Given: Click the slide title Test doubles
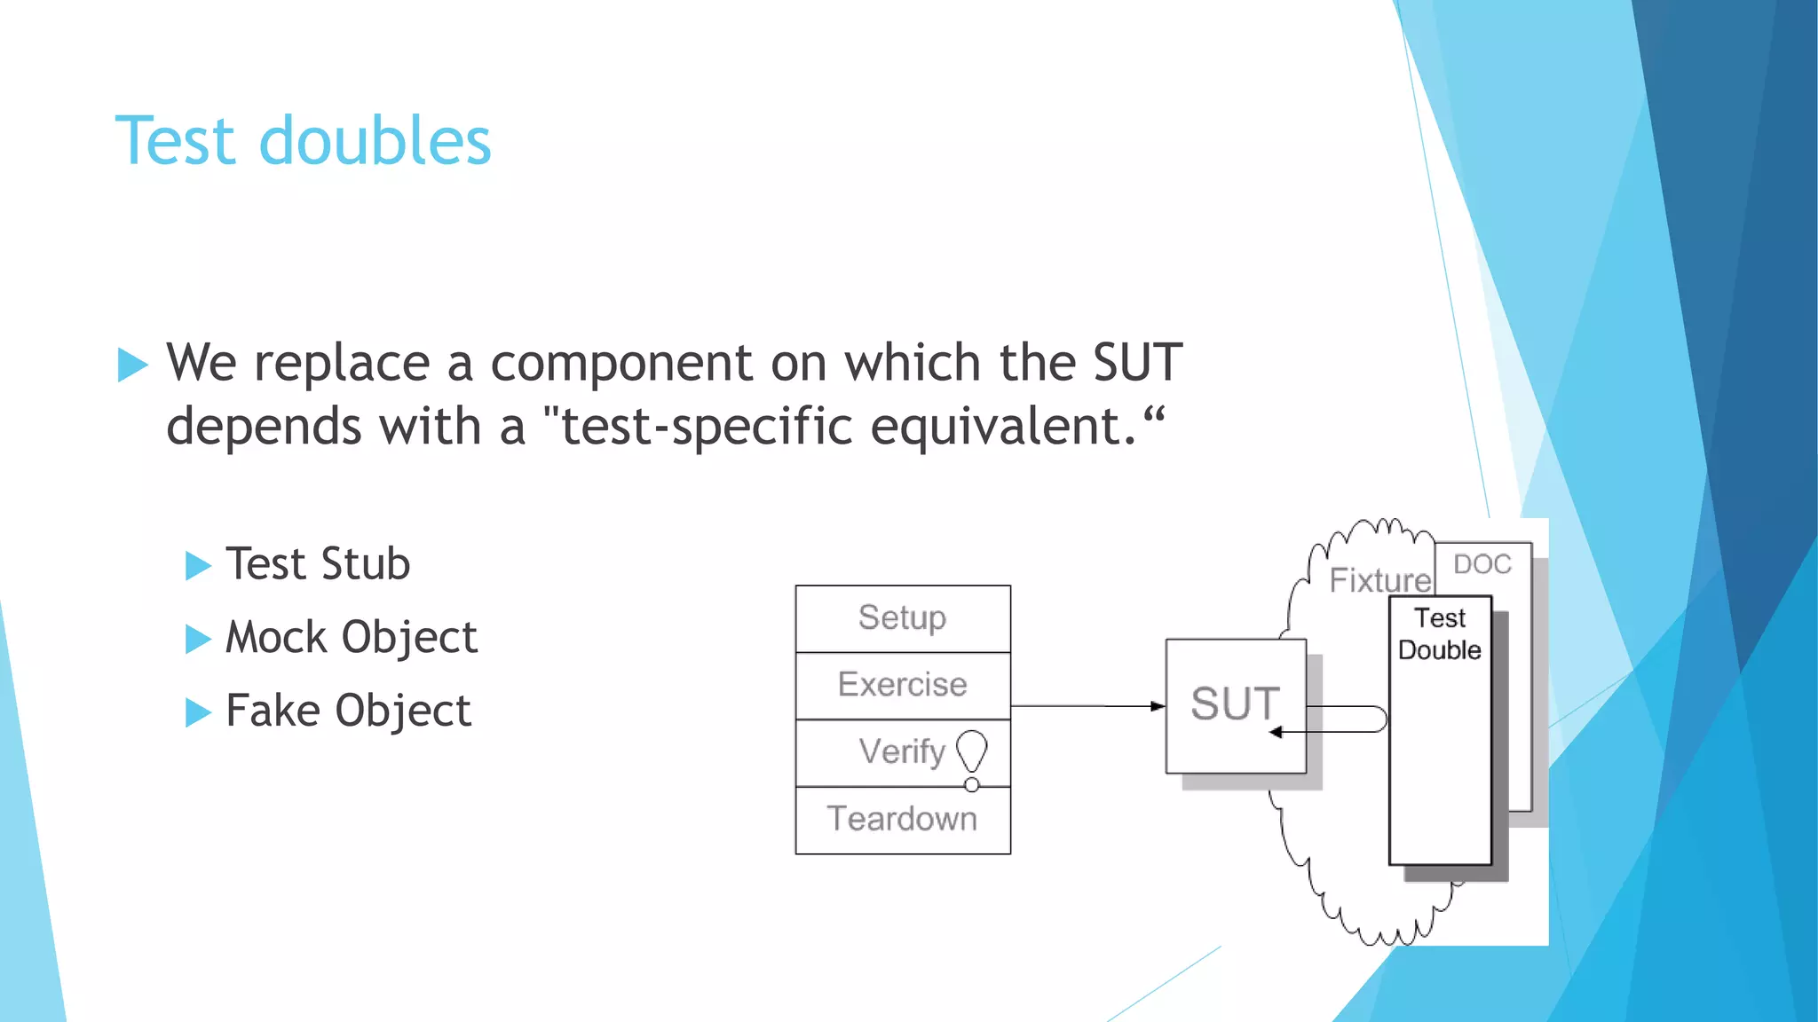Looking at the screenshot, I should coord(303,142).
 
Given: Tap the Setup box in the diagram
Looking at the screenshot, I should coord(903,618).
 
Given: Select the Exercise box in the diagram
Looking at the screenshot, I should coord(903,685).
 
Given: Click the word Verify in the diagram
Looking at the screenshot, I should coord(902,752).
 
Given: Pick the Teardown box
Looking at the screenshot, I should coord(903,820).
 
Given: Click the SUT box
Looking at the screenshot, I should coord(1235,704).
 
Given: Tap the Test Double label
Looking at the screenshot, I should coord(1439,634).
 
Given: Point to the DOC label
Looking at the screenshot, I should coord(1482,564).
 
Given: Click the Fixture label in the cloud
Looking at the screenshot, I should coord(1379,581).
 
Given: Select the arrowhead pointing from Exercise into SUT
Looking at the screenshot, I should coord(1158,706).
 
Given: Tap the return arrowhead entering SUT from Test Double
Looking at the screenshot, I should coord(1277,732).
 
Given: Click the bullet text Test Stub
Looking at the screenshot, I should coord(318,564).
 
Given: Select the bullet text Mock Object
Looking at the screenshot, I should coord(352,638).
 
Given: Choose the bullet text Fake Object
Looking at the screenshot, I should coord(348,711).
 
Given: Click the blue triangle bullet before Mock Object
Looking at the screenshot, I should coord(197,639).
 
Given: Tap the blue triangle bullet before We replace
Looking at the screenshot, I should coord(131,365).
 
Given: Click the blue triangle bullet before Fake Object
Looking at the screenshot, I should coord(197,712).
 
